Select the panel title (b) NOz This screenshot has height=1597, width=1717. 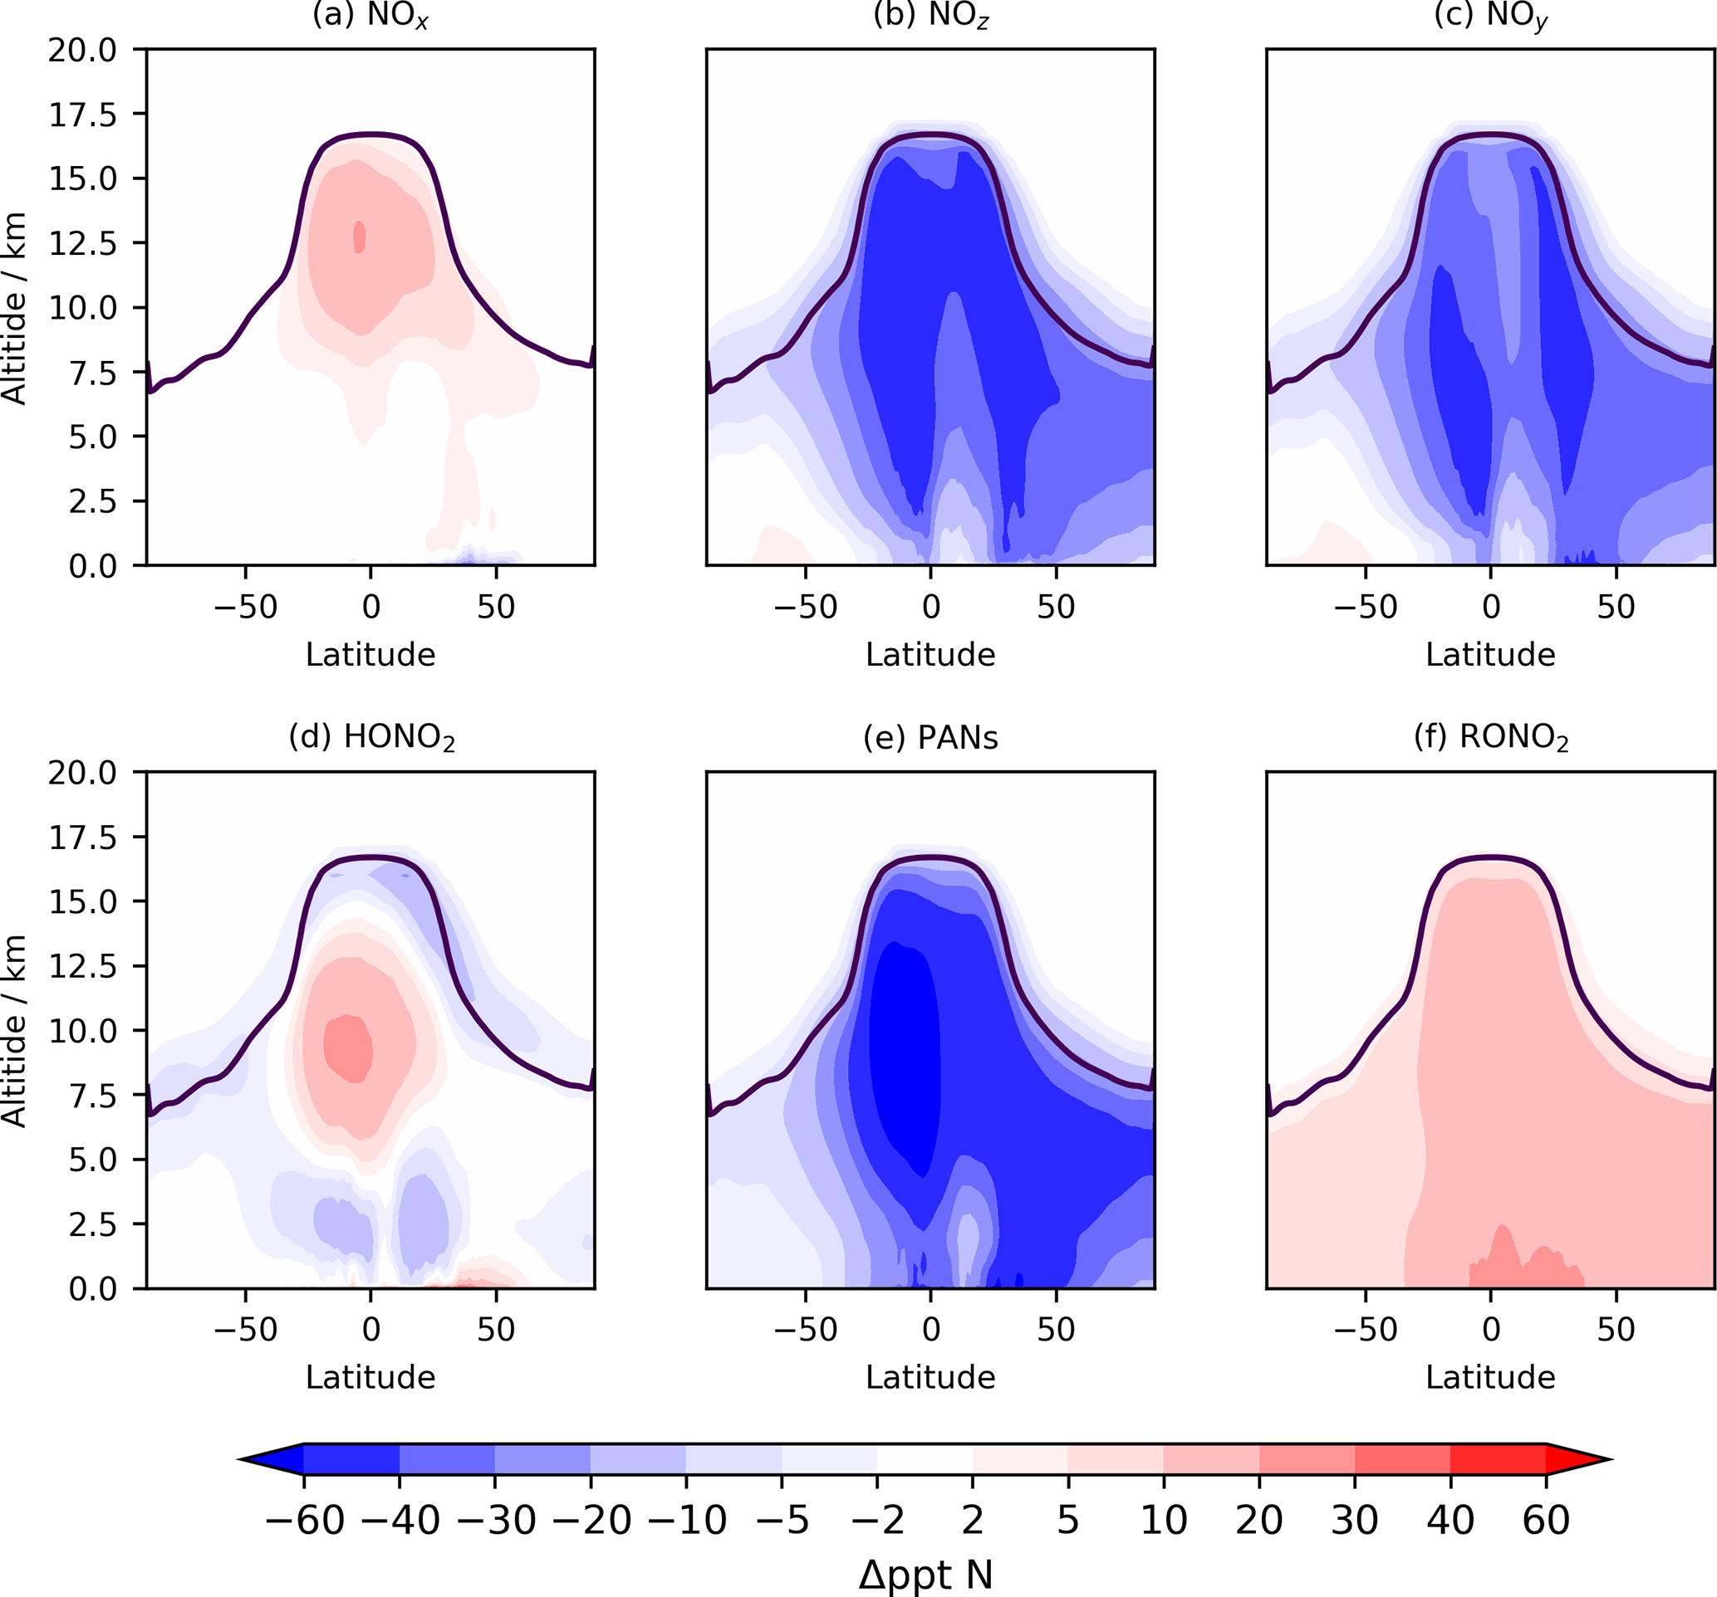pos(930,16)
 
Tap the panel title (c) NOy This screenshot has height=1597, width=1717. pos(1490,16)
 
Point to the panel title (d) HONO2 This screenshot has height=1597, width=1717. pos(371,737)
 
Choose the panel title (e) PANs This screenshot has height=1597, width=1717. pos(930,737)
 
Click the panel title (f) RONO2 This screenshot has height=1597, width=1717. pos(1491,737)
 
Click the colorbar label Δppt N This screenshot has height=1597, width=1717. pos(925,1575)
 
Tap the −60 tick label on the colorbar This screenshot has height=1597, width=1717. pos(304,1520)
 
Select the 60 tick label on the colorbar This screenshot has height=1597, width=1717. pos(1545,1520)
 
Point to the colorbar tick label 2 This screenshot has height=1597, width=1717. pos(973,1520)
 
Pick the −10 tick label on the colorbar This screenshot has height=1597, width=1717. pos(687,1520)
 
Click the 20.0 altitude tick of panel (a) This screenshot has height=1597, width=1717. pos(82,50)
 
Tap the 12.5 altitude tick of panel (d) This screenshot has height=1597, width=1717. pos(82,966)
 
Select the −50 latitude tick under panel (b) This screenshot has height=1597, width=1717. pos(805,607)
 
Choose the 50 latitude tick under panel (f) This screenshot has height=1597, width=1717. pos(1615,1330)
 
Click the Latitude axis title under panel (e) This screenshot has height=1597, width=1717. pos(930,1377)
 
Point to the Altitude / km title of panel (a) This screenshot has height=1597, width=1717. pos(15,308)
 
